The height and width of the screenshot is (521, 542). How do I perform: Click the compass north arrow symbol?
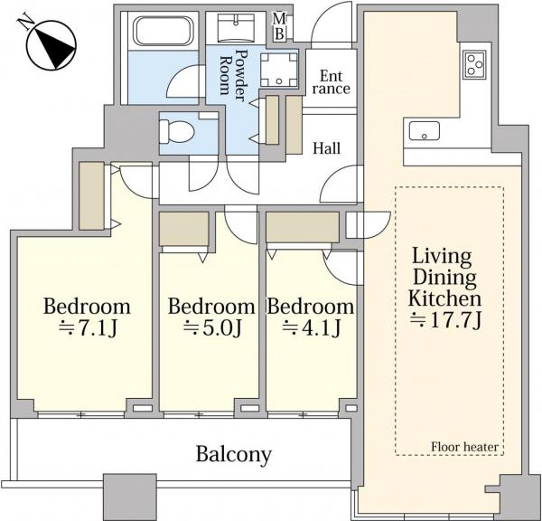point(51,45)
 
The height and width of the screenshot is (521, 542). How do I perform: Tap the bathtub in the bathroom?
point(164,31)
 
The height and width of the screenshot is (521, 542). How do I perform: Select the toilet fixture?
point(176,131)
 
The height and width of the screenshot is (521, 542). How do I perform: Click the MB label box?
point(279,26)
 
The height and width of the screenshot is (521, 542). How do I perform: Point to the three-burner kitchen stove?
point(474,65)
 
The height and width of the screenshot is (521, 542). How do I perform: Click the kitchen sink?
point(425,131)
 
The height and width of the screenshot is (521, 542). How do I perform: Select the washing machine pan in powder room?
point(278,70)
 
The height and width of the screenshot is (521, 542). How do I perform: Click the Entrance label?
point(332,82)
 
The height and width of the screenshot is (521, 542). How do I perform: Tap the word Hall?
point(327,148)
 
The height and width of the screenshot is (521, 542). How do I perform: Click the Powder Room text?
point(234,75)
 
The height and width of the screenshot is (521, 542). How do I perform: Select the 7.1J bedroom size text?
point(89,327)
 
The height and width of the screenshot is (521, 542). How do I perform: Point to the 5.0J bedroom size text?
point(212,327)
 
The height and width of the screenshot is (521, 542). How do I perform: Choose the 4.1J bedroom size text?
point(312,327)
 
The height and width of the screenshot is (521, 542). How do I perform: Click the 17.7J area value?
point(445,321)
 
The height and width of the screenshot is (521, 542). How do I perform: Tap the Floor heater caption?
point(464,447)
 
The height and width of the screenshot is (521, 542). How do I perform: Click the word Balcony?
point(234,455)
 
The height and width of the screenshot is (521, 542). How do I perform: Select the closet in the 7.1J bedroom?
point(91,195)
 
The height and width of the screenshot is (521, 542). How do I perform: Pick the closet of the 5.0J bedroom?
point(184,229)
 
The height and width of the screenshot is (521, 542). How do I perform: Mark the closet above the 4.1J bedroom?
point(303,227)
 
